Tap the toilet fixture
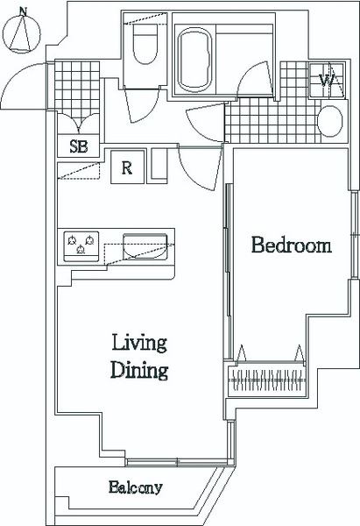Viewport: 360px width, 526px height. click(145, 44)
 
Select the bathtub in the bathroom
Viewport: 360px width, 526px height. click(194, 60)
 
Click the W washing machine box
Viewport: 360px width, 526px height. click(326, 80)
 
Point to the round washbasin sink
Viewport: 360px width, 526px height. click(330, 121)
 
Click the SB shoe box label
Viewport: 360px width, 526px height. click(79, 146)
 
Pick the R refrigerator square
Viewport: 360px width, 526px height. click(127, 167)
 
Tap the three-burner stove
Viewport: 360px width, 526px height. click(81, 246)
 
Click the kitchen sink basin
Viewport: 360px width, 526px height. click(145, 246)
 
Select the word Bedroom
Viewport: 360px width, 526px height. click(292, 245)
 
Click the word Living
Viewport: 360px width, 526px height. click(139, 343)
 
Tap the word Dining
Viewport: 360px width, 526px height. click(139, 370)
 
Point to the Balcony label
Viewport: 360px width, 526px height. click(136, 487)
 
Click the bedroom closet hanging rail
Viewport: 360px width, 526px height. click(267, 380)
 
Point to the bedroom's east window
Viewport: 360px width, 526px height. click(354, 235)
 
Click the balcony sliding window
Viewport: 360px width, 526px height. click(177, 462)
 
